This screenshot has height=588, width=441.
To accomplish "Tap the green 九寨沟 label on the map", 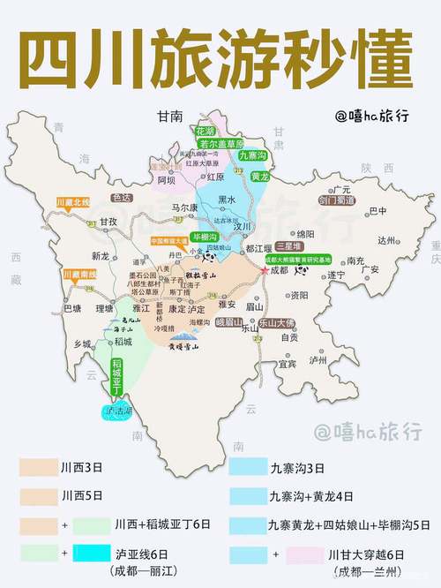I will [252, 156].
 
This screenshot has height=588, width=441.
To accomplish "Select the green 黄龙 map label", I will [259, 176].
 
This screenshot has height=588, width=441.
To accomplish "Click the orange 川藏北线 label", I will [73, 203].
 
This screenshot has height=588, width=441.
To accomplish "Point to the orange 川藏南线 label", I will [77, 275].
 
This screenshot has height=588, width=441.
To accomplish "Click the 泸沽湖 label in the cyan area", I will [117, 411].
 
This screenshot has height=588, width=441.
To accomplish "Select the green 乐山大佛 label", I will [275, 324].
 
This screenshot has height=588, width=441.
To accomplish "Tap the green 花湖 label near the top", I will [206, 131].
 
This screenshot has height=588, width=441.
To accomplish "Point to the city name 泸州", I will [317, 359].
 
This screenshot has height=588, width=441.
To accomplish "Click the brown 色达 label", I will [122, 198].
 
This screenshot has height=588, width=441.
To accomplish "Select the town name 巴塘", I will [72, 308].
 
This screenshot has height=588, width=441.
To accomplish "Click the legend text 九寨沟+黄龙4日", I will [312, 495].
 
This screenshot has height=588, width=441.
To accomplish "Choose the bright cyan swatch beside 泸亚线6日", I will [92, 554].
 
